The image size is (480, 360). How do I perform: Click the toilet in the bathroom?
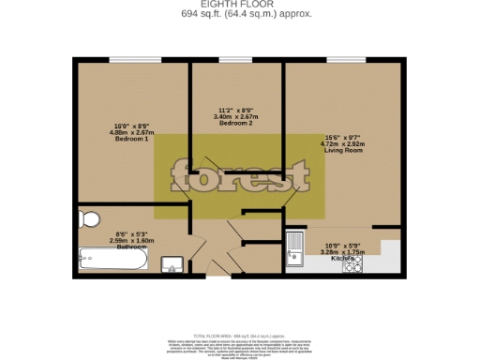[89, 218]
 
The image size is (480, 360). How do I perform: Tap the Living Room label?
[345, 150]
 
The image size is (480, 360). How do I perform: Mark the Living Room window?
[340, 60]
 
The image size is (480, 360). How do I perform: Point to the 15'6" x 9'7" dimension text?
[345, 138]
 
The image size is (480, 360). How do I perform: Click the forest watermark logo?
[239, 174]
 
